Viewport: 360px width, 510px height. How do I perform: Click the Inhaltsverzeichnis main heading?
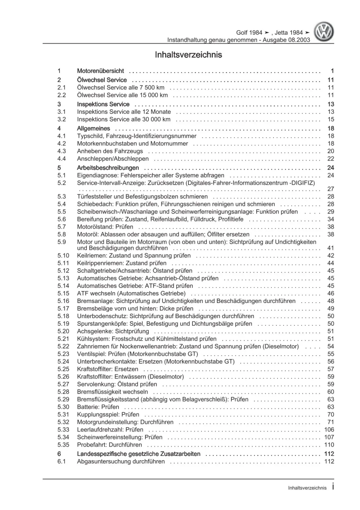[x=188, y=55]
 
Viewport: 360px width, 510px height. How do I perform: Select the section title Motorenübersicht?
[x=100, y=71]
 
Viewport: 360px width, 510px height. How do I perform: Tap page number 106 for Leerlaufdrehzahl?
[x=329, y=430]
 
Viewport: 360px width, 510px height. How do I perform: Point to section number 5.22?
[x=63, y=346]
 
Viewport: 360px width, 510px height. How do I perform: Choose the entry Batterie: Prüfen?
[x=98, y=407]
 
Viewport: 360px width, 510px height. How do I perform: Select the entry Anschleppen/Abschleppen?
[x=113, y=159]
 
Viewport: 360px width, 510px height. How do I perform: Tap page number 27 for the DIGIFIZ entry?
[x=330, y=189]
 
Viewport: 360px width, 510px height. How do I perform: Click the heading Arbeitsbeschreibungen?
[x=108, y=168]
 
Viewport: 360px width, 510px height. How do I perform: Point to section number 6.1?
[x=61, y=461]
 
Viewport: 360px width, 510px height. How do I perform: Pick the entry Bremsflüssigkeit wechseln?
[x=112, y=392]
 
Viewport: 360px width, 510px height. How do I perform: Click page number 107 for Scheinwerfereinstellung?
[x=329, y=437]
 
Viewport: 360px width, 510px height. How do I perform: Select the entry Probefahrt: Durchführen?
[x=110, y=445]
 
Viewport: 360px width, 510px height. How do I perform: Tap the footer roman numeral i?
[x=333, y=487]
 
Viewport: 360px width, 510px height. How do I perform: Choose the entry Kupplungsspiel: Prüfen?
[x=108, y=414]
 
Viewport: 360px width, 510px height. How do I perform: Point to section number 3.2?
[x=62, y=119]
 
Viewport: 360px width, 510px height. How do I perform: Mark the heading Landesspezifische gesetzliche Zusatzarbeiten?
[x=139, y=454]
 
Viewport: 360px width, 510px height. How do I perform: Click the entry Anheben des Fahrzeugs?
[x=110, y=151]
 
